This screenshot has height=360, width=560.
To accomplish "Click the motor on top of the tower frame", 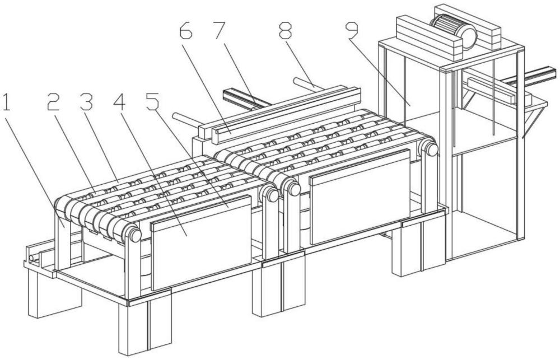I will [x=454, y=29].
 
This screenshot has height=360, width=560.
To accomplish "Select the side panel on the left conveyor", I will [x=202, y=241].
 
